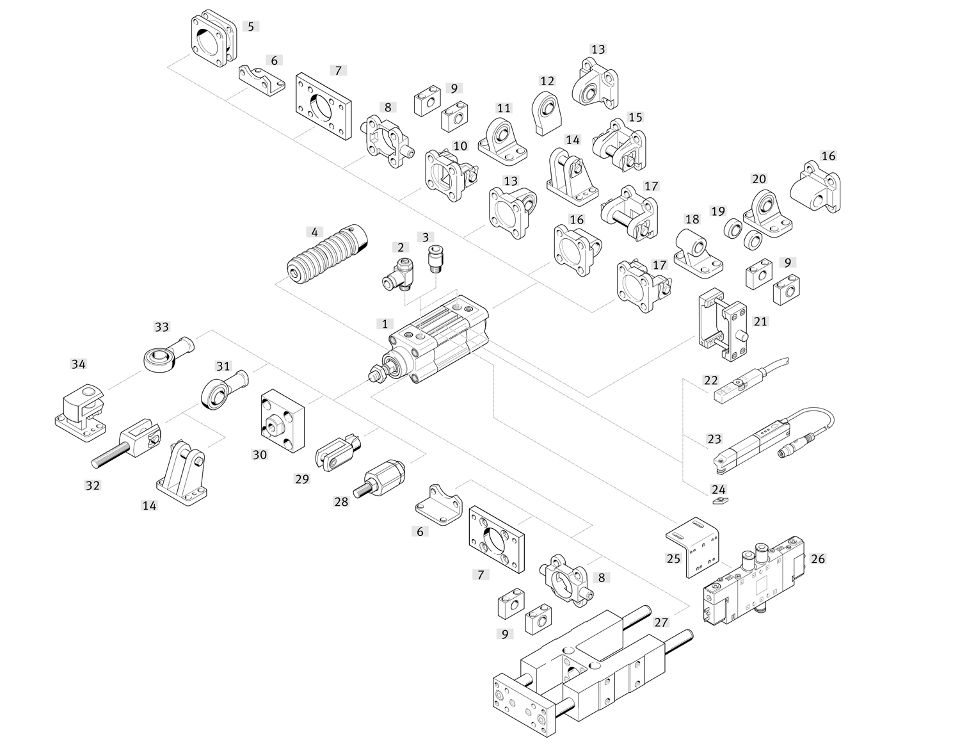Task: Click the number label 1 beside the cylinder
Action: [x=385, y=324]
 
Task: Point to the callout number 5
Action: [x=251, y=26]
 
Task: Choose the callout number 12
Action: [x=547, y=81]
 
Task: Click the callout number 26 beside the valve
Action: [x=818, y=559]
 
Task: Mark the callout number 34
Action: [x=78, y=364]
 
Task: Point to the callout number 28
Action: [x=341, y=501]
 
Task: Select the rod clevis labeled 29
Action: [x=339, y=453]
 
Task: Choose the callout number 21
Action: [x=760, y=321]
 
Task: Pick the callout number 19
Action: [x=718, y=211]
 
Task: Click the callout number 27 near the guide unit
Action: [x=661, y=622]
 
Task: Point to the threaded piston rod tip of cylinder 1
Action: [x=375, y=375]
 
